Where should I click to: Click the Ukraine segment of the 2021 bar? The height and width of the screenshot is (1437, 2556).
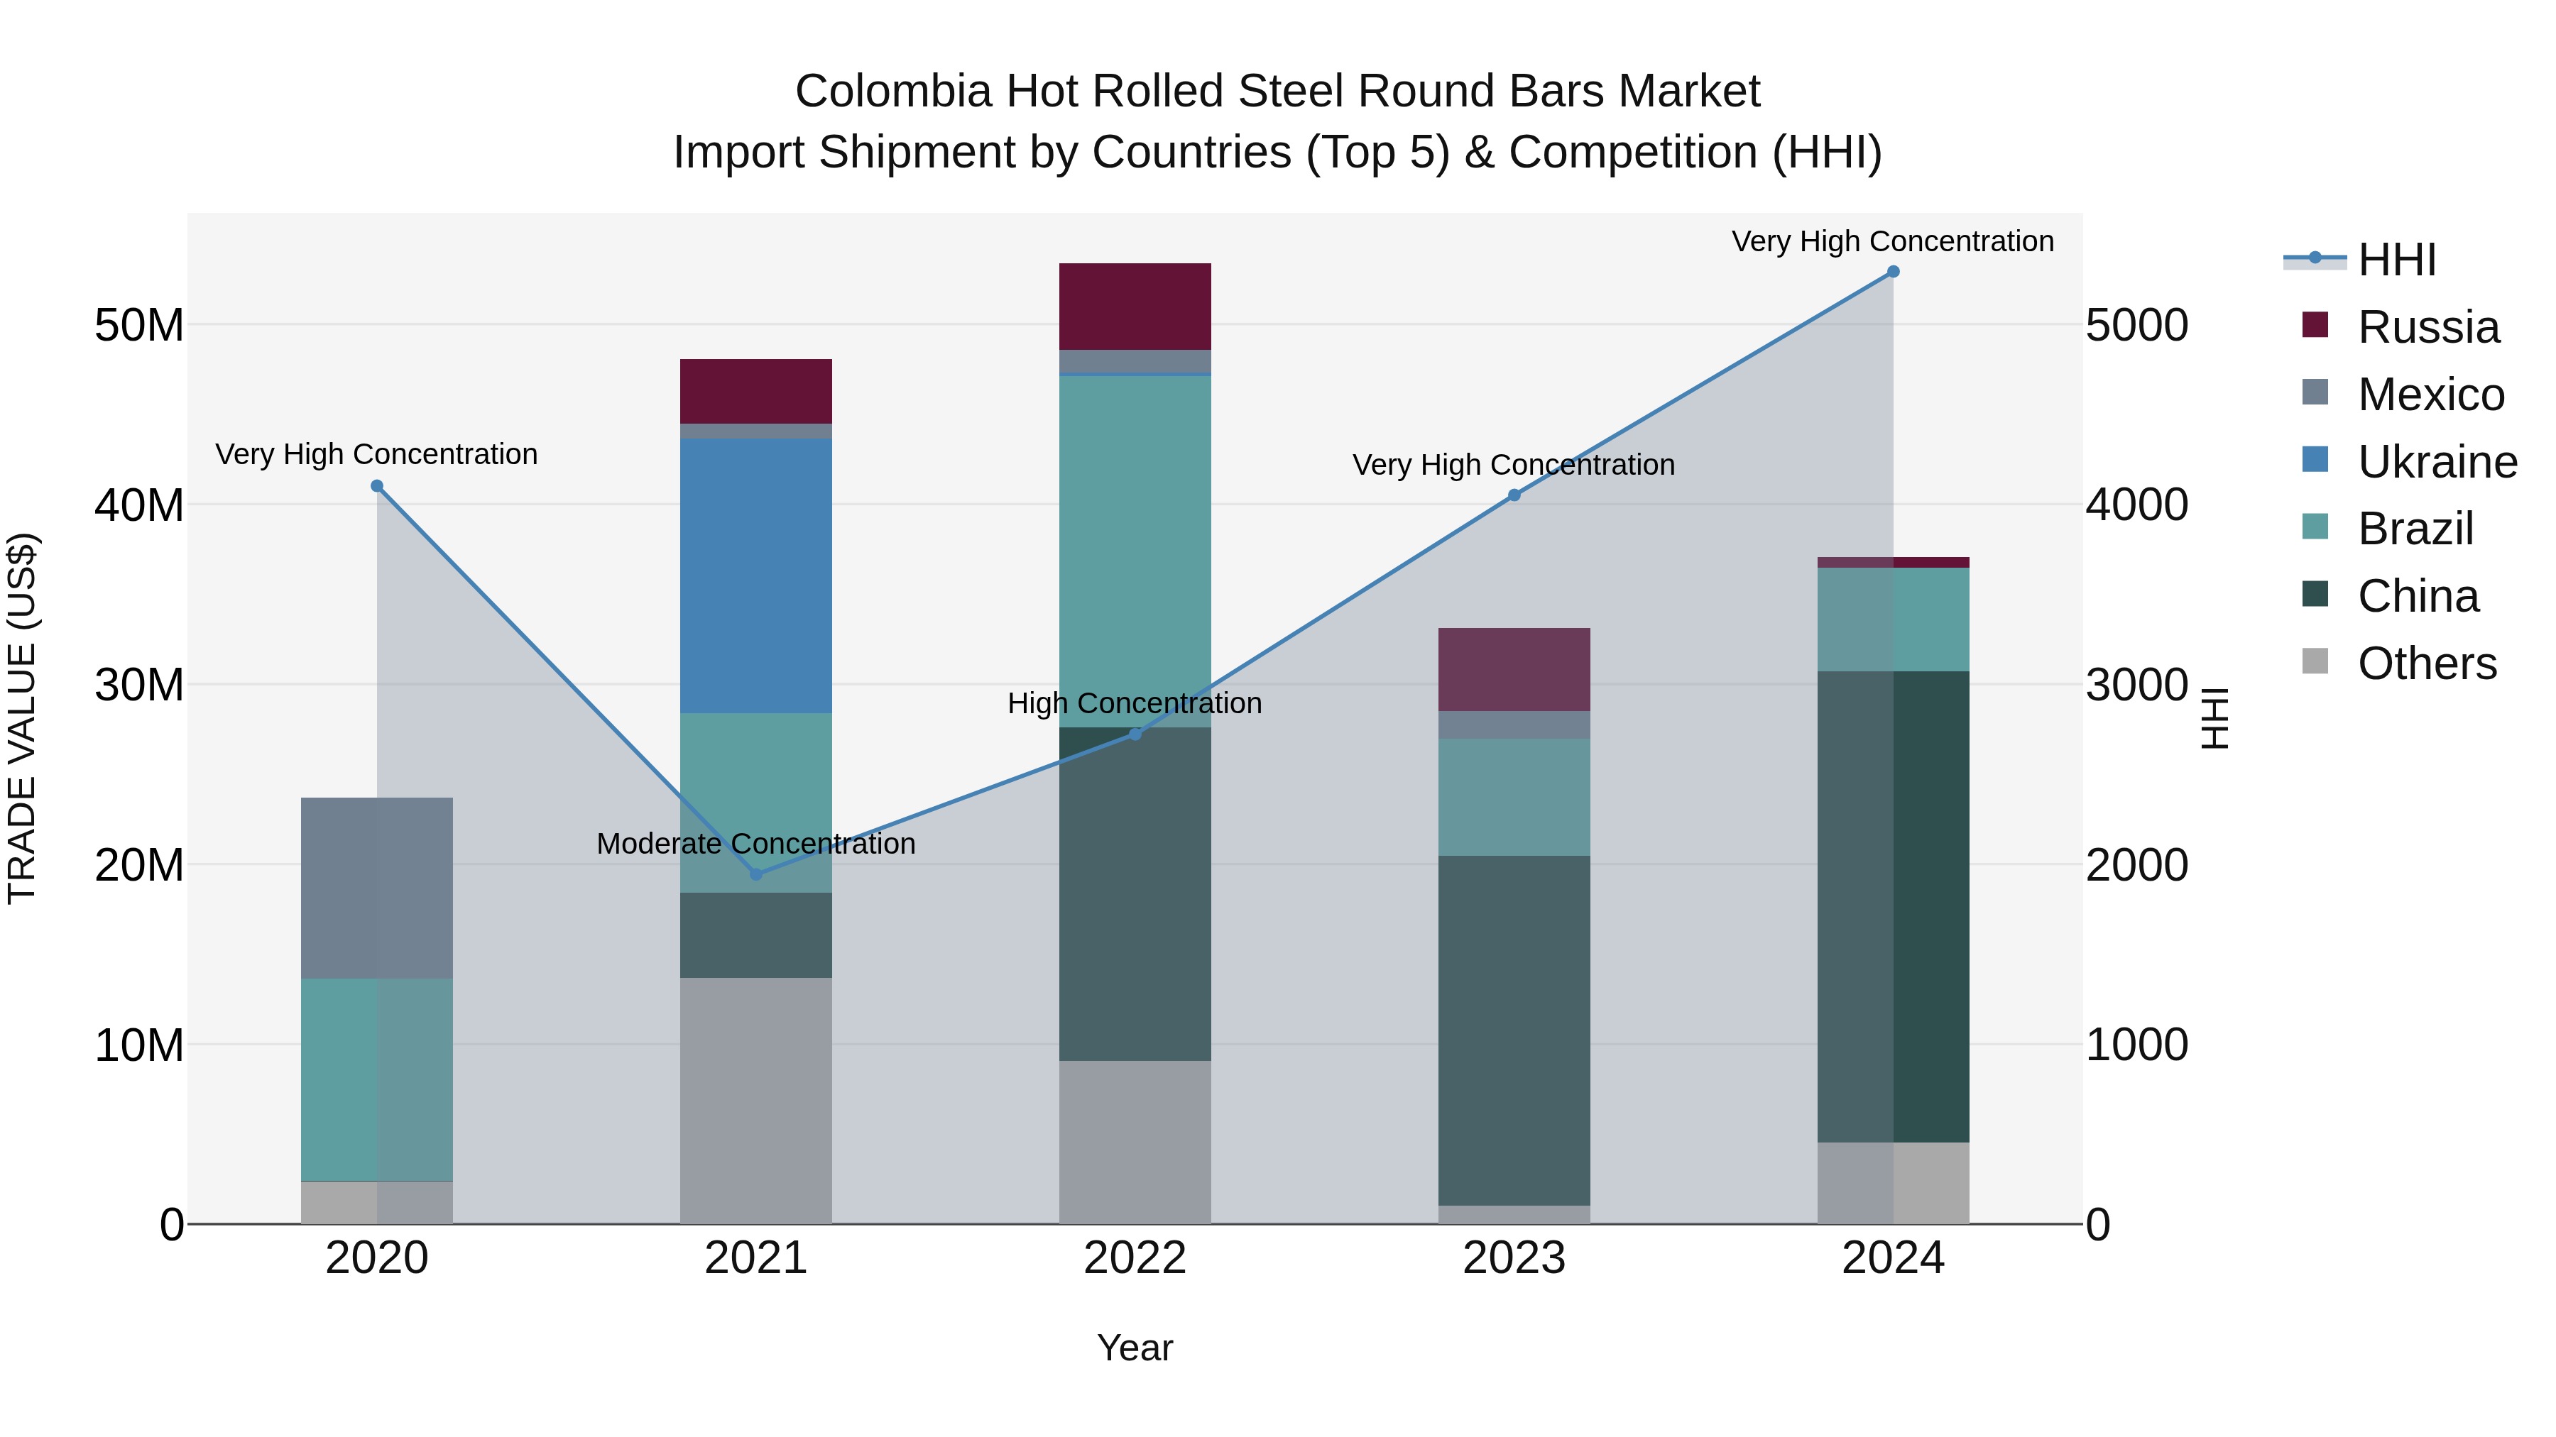[755, 576]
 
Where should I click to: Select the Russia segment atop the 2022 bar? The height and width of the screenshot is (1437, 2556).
[1135, 305]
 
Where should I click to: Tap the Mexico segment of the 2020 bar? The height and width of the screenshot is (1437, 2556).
[376, 888]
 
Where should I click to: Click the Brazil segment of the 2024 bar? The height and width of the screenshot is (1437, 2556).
[1892, 619]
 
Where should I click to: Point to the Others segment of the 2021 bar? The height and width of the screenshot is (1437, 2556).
[755, 1100]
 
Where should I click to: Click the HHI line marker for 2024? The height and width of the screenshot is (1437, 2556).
[1892, 272]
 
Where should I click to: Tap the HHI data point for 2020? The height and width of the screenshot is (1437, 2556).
[377, 486]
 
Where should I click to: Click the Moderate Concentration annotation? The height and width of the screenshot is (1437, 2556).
[755, 844]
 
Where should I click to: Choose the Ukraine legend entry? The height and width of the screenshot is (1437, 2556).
[2436, 462]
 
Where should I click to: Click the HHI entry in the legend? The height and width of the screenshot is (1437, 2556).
[2396, 260]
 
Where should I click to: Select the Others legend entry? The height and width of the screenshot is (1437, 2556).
[2426, 664]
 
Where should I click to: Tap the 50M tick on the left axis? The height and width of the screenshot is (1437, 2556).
[139, 325]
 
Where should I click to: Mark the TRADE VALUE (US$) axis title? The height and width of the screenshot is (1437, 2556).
[22, 718]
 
